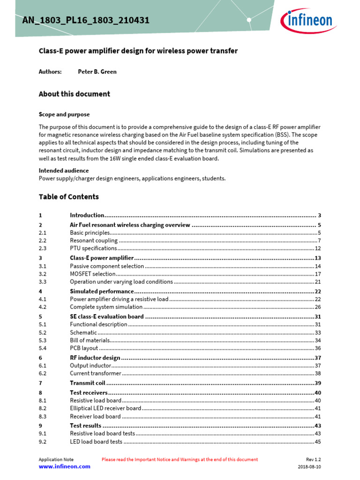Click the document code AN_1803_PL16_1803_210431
(x=86, y=20)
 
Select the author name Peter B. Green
(x=97, y=72)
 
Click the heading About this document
(x=74, y=94)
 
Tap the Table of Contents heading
(x=68, y=197)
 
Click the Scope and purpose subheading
(x=64, y=114)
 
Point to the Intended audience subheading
(x=63, y=171)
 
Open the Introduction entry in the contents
(x=87, y=215)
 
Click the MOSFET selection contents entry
(x=93, y=274)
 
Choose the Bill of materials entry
(x=90, y=340)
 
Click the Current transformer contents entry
(x=96, y=374)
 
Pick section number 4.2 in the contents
(x=43, y=307)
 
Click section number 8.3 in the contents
(x=43, y=416)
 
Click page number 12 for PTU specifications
(x=317, y=248)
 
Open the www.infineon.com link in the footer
(x=64, y=467)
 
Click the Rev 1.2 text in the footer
(x=313, y=459)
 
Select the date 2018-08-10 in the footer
(x=309, y=467)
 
